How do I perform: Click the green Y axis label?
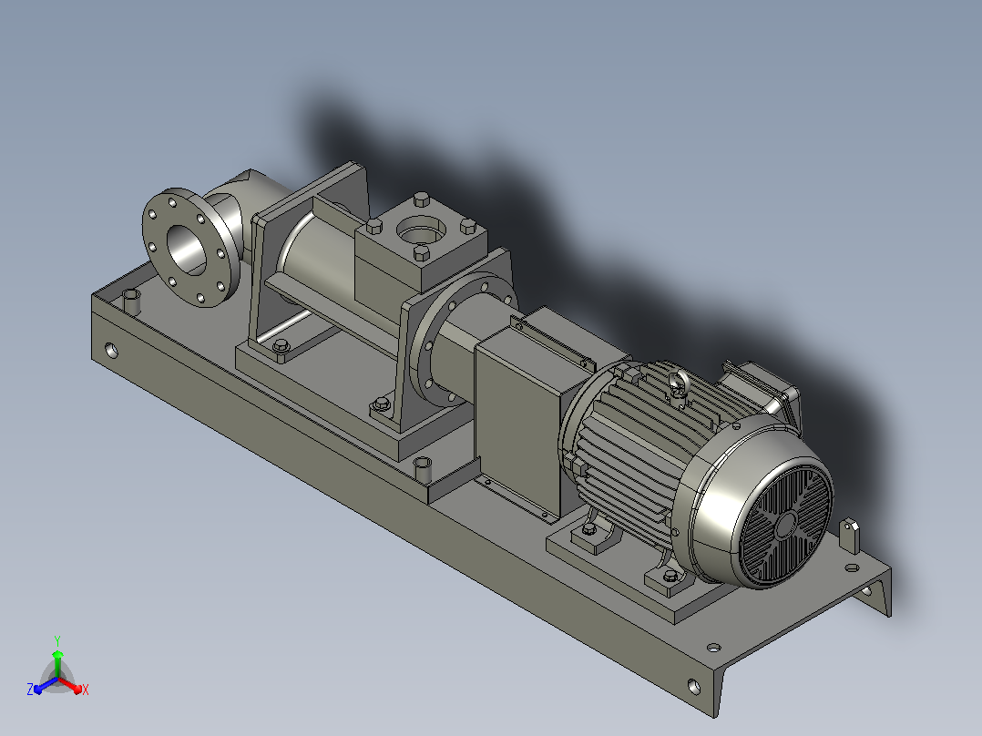57,641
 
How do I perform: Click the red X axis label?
86,690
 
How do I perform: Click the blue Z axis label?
30,690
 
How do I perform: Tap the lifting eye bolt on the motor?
677,384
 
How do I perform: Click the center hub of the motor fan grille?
786,526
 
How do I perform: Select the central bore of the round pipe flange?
185,250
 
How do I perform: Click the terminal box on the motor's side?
760,389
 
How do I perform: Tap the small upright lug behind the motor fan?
849,536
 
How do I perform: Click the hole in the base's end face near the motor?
694,687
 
